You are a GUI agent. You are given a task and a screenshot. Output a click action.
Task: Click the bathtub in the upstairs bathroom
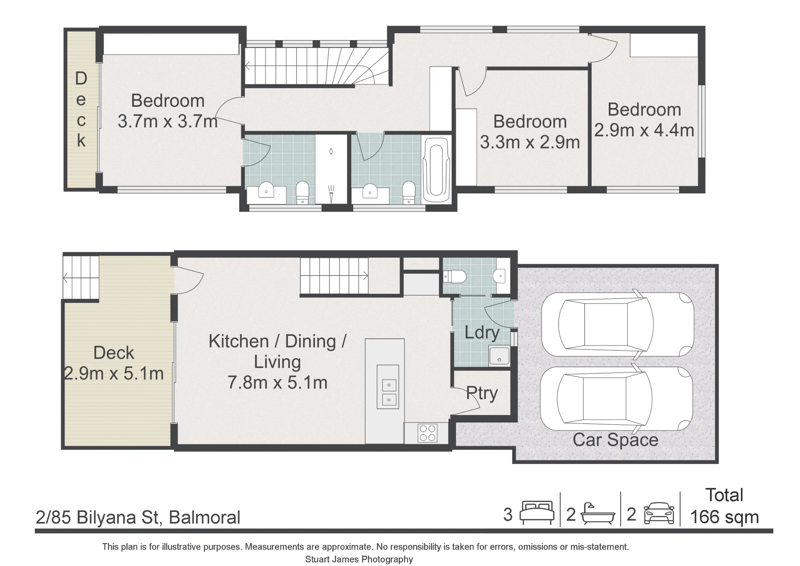click(x=436, y=170)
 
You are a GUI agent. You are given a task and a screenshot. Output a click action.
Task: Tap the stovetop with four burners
click(x=427, y=433)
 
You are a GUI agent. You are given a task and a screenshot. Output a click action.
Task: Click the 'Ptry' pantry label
click(x=482, y=394)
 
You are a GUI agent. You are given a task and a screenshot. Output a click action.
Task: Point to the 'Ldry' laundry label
click(x=482, y=333)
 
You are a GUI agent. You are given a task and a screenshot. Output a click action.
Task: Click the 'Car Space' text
click(x=615, y=440)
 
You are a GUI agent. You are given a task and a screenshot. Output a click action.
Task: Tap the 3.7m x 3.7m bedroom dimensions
click(x=168, y=121)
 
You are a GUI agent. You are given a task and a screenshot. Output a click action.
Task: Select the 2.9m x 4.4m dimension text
click(x=644, y=130)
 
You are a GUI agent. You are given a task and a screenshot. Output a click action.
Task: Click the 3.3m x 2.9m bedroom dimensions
click(x=530, y=143)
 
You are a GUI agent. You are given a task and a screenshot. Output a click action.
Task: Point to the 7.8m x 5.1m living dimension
click(x=278, y=383)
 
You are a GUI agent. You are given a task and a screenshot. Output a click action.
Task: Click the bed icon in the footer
click(x=537, y=513)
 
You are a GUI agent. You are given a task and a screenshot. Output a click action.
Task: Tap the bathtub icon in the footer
click(x=598, y=514)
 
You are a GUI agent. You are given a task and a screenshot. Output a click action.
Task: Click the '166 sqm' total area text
click(x=724, y=517)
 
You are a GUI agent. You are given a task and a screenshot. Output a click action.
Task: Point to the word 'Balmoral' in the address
click(x=204, y=517)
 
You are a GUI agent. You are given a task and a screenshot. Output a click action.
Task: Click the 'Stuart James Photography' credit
click(x=359, y=559)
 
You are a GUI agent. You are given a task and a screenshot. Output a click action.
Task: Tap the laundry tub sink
click(x=499, y=356)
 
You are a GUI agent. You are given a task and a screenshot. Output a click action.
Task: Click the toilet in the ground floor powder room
click(x=455, y=276)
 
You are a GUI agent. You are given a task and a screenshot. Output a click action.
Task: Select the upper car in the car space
click(x=618, y=324)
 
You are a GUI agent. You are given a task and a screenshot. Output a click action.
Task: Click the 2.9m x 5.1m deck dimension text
click(x=114, y=373)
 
